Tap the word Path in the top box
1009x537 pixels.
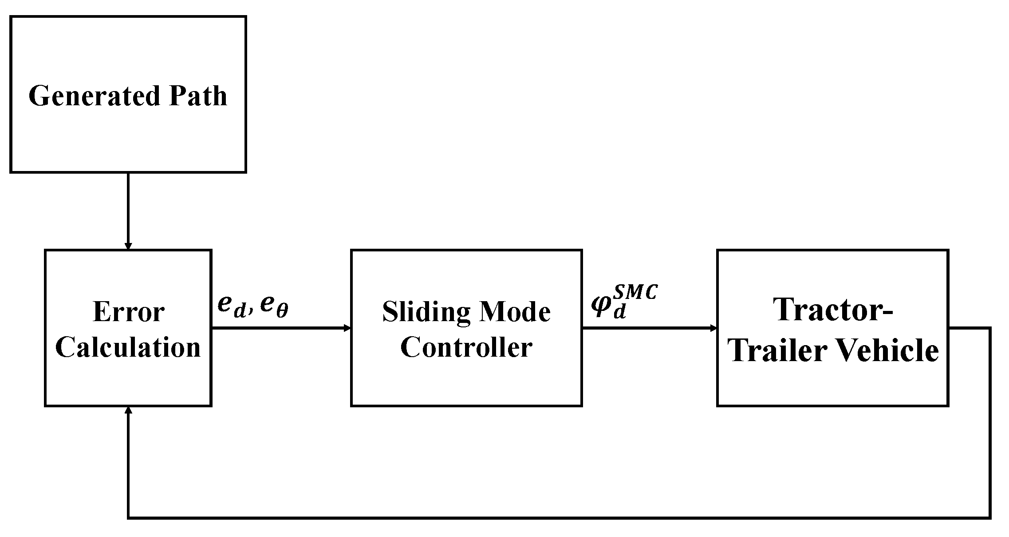198,95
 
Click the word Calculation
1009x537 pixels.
128,347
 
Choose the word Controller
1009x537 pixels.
466,347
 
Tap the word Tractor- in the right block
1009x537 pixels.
833,309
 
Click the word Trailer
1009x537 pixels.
777,350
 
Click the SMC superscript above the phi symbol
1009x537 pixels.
635,294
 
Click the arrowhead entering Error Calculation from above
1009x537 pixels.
128,246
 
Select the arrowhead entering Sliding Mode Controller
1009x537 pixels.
347,328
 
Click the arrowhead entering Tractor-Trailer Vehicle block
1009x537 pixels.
713,328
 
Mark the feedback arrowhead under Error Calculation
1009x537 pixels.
128,410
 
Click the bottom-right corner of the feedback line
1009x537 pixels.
990,517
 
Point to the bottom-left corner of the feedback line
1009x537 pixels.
129,517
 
